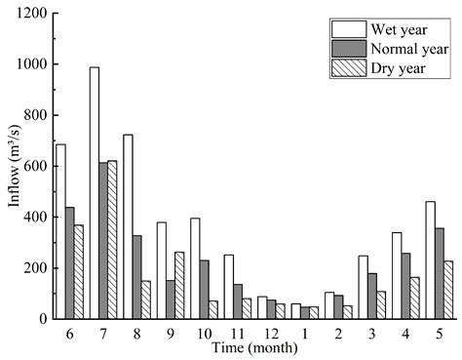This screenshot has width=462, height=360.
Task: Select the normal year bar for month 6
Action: click(x=71, y=262)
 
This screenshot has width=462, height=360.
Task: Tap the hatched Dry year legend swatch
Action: click(x=346, y=67)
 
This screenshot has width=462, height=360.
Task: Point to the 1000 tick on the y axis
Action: click(x=54, y=64)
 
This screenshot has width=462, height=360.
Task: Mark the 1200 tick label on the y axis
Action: click(x=32, y=14)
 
